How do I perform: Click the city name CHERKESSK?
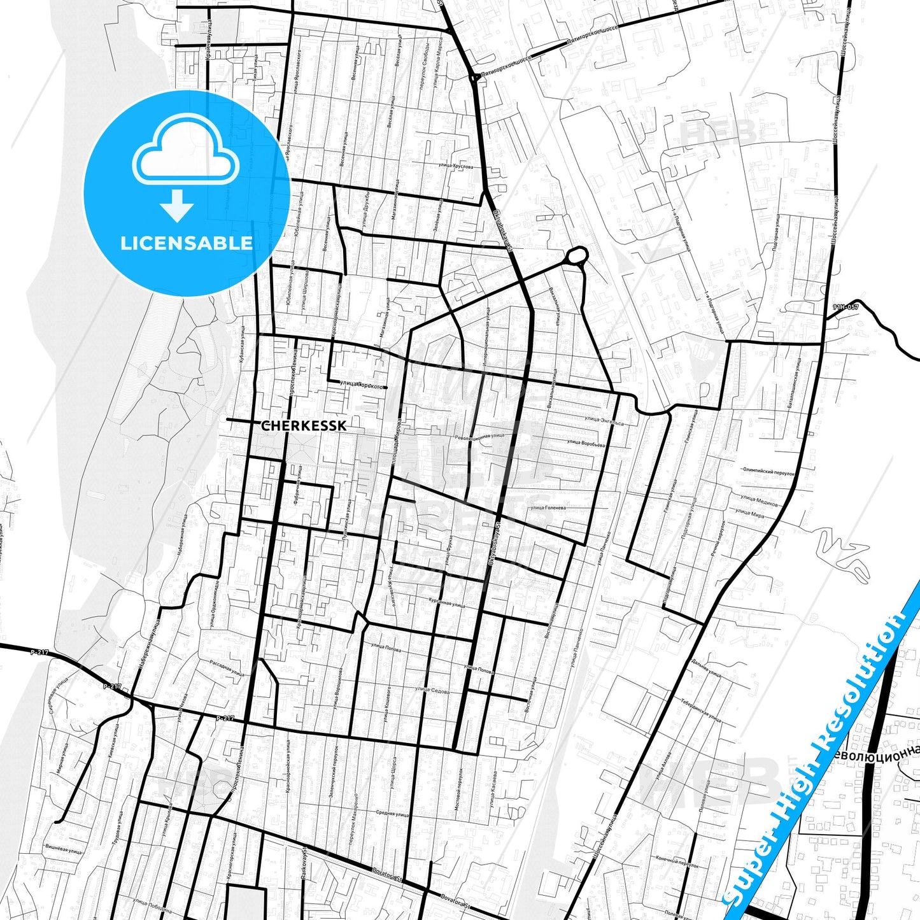304,425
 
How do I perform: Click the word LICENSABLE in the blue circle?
186,243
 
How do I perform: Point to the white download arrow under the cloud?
177,205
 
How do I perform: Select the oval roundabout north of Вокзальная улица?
576,257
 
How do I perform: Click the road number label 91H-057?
845,308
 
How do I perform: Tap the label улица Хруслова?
456,166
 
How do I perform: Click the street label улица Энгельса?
604,421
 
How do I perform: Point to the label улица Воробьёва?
585,443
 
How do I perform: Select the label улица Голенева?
548,508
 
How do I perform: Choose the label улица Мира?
749,513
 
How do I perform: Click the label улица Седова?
432,690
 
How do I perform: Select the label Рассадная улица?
227,668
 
